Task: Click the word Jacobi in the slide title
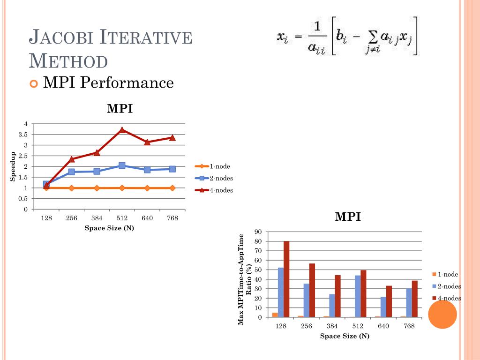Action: point(66,38)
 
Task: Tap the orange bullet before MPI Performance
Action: point(33,84)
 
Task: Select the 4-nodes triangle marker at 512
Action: point(122,130)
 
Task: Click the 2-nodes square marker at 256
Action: point(71,172)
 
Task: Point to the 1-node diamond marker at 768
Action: point(172,188)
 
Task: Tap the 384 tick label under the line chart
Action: point(97,218)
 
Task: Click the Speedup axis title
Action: point(14,166)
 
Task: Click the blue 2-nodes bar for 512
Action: point(358,296)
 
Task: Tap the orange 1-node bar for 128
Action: point(275,315)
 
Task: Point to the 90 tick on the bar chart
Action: point(258,232)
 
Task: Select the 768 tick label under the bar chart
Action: point(409,326)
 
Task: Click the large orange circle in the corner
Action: point(442,315)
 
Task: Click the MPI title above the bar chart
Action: point(348,217)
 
